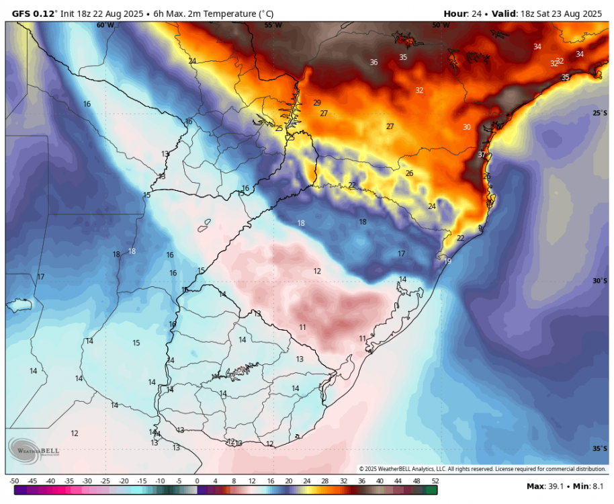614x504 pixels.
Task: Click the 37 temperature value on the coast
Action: tap(482, 155)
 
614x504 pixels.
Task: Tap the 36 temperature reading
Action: tap(374, 62)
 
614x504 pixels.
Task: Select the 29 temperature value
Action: tap(317, 103)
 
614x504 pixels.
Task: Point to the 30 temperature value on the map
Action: tap(466, 127)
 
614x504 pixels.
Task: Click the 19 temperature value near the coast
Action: tap(447, 261)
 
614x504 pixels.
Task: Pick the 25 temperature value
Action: tap(279, 128)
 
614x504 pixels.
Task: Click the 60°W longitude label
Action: tap(105, 25)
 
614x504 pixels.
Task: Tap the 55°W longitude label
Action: tap(273, 25)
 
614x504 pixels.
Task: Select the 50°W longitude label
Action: tap(441, 25)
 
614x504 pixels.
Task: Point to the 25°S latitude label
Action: tap(600, 113)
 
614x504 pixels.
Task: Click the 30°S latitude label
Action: tap(600, 281)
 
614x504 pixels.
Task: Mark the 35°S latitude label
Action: tap(600, 449)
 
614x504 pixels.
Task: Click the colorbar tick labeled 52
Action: tap(436, 481)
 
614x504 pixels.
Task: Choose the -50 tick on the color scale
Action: tap(13, 481)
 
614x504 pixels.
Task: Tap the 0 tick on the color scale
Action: tap(197, 481)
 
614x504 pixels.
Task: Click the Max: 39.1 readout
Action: tap(545, 486)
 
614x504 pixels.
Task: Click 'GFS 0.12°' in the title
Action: tap(31, 13)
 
